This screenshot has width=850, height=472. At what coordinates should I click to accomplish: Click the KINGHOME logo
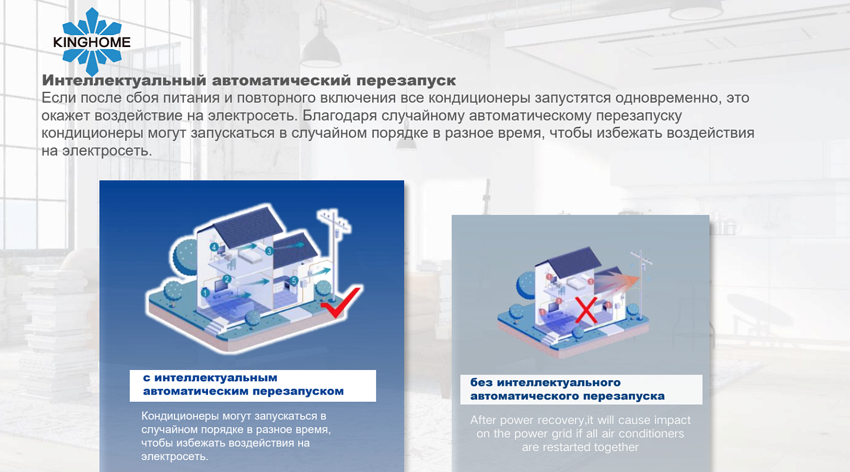pos(92,41)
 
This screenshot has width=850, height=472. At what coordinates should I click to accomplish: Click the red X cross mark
pos(586,310)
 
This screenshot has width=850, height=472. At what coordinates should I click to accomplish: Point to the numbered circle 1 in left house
pos(205,292)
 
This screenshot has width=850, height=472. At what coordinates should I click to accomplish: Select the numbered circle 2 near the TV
pos(227,279)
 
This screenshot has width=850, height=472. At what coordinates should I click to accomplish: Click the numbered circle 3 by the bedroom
pos(269,250)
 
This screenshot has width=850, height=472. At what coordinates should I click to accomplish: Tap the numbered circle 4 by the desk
pos(214,247)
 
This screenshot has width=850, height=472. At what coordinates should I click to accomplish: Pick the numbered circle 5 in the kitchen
pos(294,280)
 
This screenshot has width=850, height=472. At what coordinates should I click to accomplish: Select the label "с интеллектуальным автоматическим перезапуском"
pos(252,385)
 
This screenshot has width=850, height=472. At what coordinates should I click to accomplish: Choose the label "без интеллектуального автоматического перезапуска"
pos(580,389)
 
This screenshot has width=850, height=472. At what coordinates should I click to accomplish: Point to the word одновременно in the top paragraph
pos(667,98)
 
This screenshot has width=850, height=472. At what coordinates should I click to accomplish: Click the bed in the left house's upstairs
pos(250,256)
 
